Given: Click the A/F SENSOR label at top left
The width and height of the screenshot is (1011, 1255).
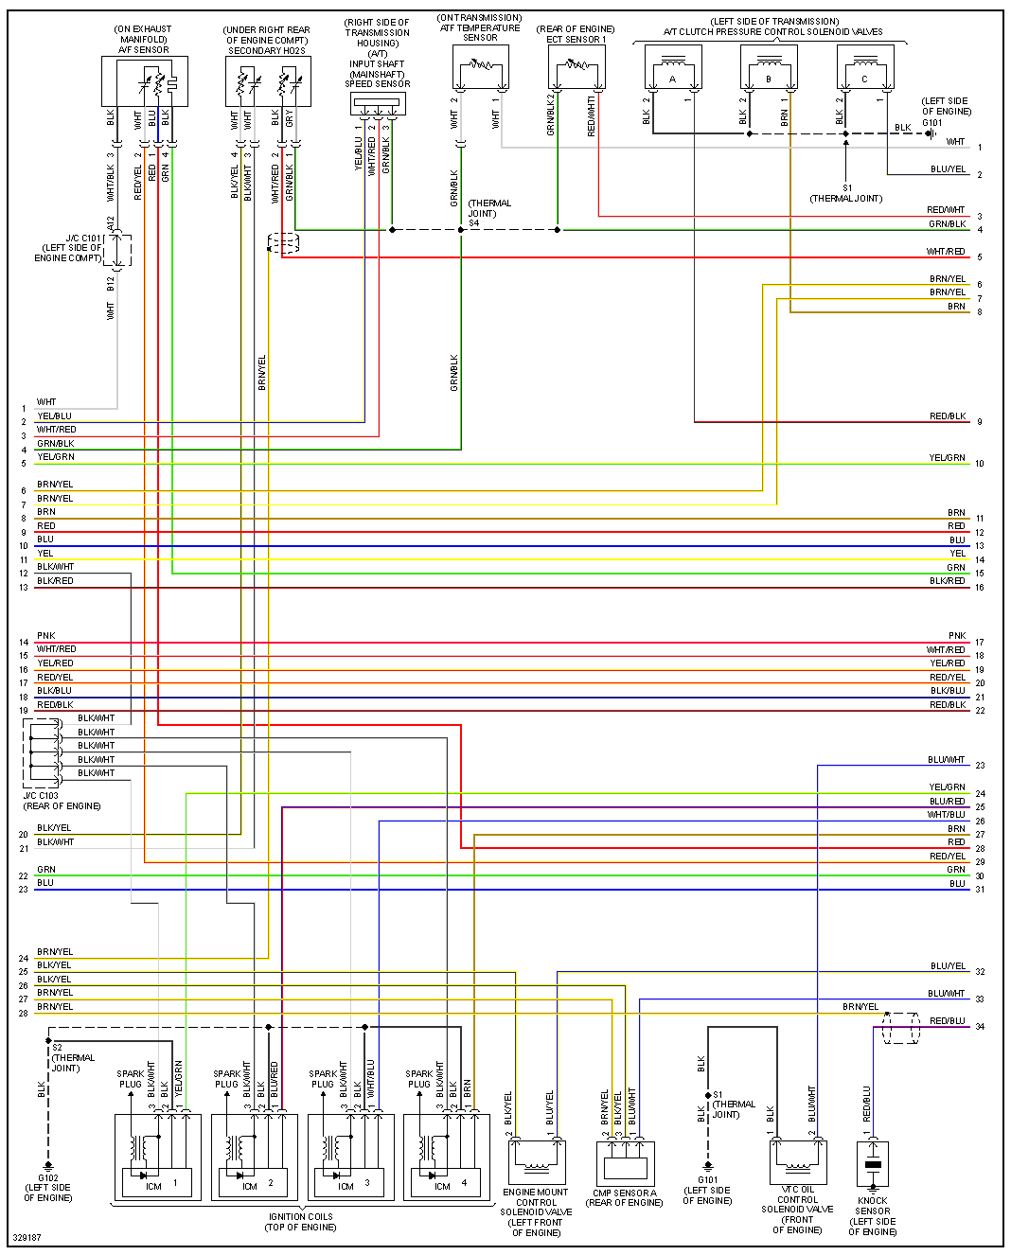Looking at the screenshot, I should click(143, 50).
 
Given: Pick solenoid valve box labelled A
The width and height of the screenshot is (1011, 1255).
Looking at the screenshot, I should click(673, 69).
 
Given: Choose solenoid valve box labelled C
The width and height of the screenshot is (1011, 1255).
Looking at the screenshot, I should click(865, 69).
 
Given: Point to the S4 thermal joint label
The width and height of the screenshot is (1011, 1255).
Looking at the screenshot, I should click(474, 223).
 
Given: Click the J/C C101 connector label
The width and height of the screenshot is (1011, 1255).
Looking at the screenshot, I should click(83, 239).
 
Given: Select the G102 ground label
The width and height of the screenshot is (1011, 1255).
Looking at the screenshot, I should click(47, 1178).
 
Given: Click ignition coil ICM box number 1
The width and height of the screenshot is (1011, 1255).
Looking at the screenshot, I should click(157, 1183).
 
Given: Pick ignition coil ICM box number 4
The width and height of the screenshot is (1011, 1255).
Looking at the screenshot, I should click(447, 1183).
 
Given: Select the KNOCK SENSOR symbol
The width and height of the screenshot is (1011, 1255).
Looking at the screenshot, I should click(873, 1164).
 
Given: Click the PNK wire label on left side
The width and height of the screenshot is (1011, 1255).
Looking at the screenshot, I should click(46, 636).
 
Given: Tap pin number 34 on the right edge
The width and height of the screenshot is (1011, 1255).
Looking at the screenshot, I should click(980, 1027).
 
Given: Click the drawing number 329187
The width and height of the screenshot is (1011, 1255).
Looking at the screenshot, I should click(27, 1238).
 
